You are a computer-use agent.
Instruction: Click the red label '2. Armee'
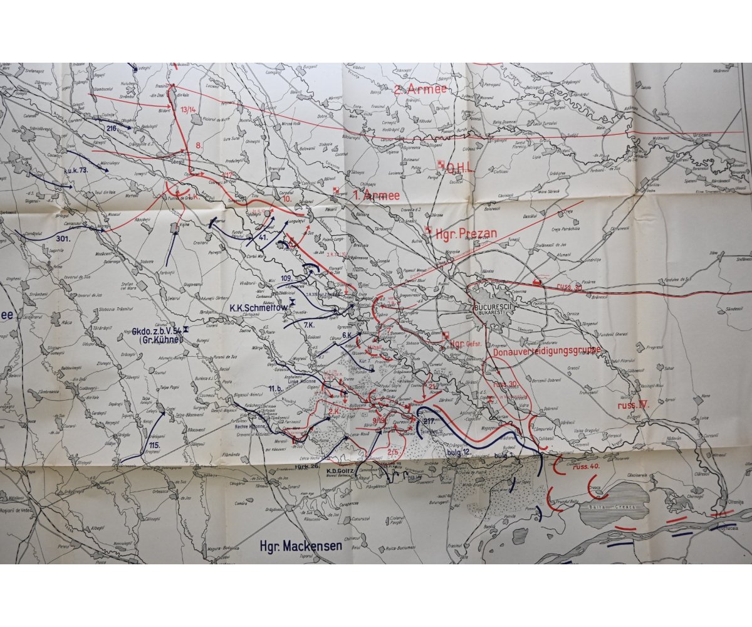coord(420,89)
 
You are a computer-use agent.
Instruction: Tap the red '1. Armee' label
coord(375,196)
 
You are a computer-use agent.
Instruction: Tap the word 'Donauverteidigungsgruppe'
coord(546,350)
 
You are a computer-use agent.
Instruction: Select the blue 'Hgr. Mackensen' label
coord(301,545)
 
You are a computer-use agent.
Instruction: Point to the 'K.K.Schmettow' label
coord(258,307)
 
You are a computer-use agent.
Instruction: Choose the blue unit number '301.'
coord(61,238)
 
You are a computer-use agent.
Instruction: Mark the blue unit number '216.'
coord(112,128)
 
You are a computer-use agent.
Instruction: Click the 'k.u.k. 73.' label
coord(76,170)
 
